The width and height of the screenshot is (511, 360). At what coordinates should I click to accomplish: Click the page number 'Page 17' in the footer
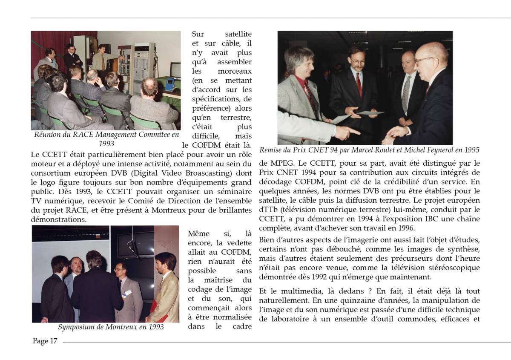pyautogui.click(x=45, y=341)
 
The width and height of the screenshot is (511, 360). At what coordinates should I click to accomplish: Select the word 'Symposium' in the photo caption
pyautogui.click(x=75, y=327)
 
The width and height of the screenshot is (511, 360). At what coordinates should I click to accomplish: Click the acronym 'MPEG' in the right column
pyautogui.click(x=270, y=163)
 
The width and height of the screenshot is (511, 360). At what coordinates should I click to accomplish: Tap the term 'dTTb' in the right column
pyautogui.click(x=267, y=210)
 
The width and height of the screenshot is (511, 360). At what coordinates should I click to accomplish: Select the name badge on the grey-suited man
pyautogui.click(x=127, y=293)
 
